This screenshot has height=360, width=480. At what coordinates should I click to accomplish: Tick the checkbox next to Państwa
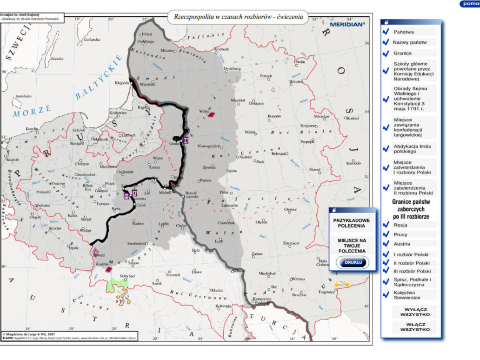(386, 32)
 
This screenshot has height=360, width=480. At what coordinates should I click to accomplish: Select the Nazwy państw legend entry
(410, 42)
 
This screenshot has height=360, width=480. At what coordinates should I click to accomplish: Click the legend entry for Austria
(402, 244)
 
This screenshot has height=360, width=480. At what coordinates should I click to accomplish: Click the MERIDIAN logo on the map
(347, 23)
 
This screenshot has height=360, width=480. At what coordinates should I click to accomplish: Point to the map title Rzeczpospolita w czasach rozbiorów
(238, 16)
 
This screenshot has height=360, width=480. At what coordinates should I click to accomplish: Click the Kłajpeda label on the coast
(121, 83)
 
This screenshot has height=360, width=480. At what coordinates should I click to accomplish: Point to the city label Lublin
(164, 224)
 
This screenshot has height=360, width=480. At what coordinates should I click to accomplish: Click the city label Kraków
(102, 264)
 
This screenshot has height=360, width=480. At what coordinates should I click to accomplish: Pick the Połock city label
(266, 76)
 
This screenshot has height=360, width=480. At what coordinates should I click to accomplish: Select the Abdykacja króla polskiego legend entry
(411, 149)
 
